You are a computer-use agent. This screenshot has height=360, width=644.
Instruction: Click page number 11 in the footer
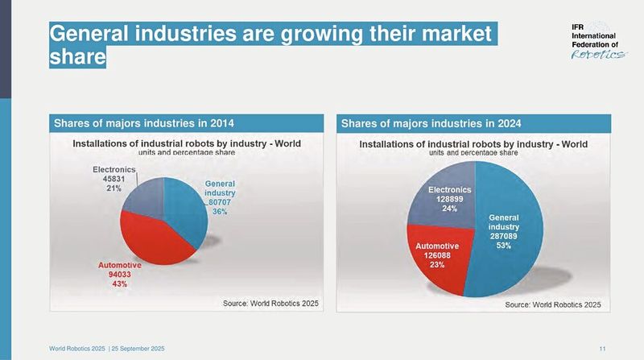[603, 348]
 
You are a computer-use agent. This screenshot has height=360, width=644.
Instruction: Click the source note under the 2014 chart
[270, 303]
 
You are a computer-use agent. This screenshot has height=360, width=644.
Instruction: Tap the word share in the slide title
[77, 57]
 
